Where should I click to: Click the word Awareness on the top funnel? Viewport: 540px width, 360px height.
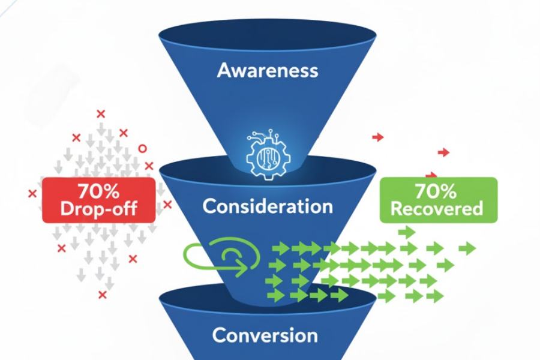click(268, 70)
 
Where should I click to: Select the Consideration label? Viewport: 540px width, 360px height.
click(268, 206)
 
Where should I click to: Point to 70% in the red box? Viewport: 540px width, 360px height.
click(98, 192)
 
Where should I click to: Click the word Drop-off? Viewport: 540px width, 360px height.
click(98, 209)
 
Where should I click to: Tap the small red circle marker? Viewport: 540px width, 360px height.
click(142, 148)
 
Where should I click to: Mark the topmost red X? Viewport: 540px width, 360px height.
click(101, 113)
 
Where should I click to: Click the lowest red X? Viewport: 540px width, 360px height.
click(103, 295)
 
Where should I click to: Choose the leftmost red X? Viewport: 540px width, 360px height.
click(32, 193)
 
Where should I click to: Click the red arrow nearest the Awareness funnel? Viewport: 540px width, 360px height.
click(377, 137)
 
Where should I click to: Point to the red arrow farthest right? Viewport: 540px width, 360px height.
click(443, 152)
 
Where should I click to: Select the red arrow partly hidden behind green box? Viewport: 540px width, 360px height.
click(431, 175)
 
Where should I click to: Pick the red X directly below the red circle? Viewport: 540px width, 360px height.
click(149, 166)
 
